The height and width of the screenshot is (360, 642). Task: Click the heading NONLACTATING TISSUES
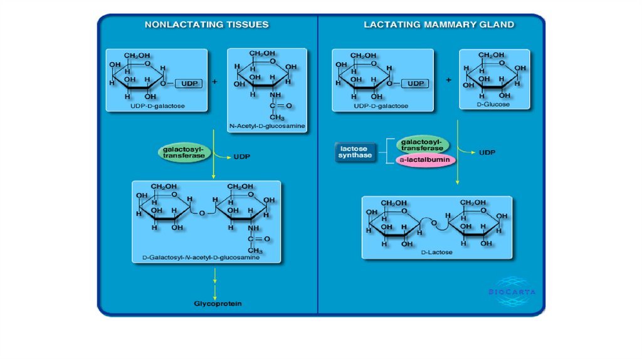[206, 25]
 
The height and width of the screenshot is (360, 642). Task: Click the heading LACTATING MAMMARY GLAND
[439, 25]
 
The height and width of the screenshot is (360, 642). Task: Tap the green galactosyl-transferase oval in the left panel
[184, 153]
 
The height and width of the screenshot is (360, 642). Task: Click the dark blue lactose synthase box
[355, 152]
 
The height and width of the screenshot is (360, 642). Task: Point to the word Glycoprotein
[218, 304]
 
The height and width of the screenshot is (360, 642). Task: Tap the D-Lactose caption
[436, 252]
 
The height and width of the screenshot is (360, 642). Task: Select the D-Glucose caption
[493, 104]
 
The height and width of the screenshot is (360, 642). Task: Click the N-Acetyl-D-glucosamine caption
[267, 126]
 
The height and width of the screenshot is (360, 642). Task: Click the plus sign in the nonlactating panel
[215, 82]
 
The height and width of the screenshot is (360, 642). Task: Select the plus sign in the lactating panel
[448, 80]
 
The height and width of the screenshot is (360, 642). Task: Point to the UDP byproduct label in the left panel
[242, 157]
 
